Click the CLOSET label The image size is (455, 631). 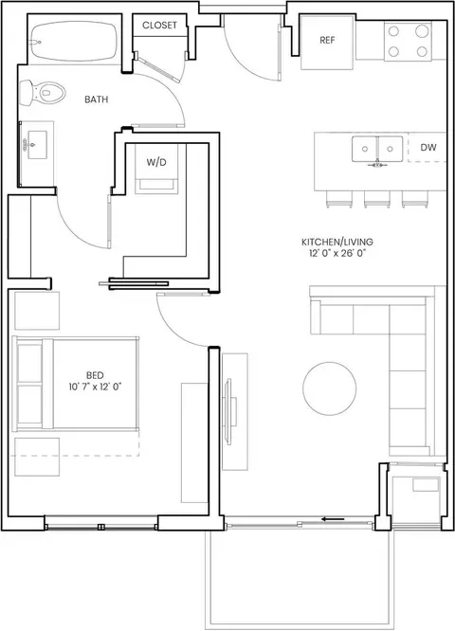(x=159, y=25)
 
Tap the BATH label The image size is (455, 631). (x=97, y=99)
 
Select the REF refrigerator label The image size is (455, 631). (x=327, y=40)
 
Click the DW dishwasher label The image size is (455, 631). (x=428, y=147)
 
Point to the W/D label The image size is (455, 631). (x=156, y=162)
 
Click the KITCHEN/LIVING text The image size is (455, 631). (x=337, y=242)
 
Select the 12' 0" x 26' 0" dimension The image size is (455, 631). (x=337, y=253)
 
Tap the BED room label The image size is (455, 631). (x=95, y=375)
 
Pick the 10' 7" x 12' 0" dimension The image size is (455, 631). (x=95, y=387)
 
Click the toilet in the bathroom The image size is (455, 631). (x=42, y=92)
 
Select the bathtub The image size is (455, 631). (x=74, y=42)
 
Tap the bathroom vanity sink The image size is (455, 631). (x=37, y=145)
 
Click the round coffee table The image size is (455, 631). (x=329, y=388)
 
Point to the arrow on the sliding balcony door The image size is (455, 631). (x=333, y=519)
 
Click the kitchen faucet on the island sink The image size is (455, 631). (x=377, y=163)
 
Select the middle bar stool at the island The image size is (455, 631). (x=377, y=199)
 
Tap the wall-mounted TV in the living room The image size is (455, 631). (x=228, y=411)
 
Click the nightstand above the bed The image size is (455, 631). (x=37, y=311)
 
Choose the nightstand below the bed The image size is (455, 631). (x=37, y=457)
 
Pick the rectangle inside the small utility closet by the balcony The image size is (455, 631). (x=426, y=484)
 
